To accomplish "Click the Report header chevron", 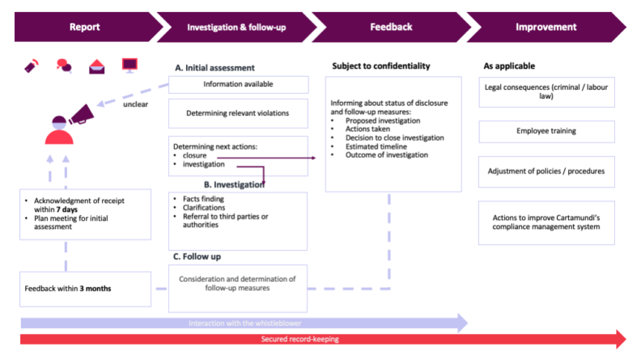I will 84,27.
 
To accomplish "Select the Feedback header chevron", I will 391,27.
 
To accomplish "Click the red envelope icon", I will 96,66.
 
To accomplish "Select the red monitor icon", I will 129,65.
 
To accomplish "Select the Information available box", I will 238,84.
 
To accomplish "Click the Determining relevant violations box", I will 238,113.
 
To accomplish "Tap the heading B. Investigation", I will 234,184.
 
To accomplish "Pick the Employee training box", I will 546,131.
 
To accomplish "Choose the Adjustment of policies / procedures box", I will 546,171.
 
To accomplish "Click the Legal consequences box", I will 546,91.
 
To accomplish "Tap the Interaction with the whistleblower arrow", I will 243,323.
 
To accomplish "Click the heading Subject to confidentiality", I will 380,66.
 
